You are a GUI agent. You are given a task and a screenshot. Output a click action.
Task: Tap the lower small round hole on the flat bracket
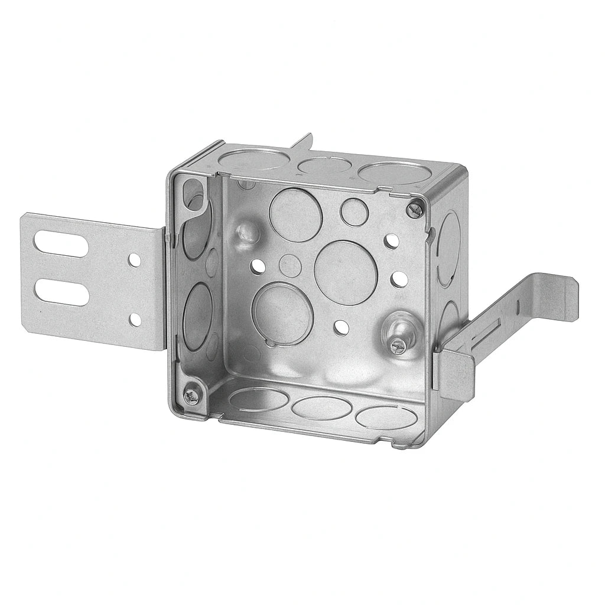click(135, 320)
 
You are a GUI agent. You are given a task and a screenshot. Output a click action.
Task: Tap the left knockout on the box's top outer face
click(252, 158)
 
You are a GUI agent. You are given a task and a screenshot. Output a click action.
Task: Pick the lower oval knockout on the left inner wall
click(197, 313)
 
